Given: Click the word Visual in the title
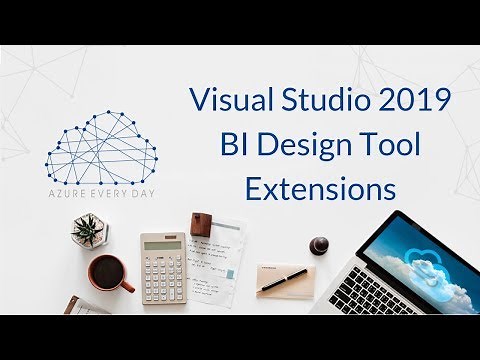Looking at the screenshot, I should pos(225,101).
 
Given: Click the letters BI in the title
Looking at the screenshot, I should pos(235,144).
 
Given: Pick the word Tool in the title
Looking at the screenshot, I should pos(390,144).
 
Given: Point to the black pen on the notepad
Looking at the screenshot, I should pos(283,280).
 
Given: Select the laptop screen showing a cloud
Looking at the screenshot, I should pos(418,263).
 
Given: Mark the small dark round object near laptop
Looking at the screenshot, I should pos(320,244).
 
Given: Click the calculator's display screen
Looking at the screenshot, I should pos(162,244).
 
